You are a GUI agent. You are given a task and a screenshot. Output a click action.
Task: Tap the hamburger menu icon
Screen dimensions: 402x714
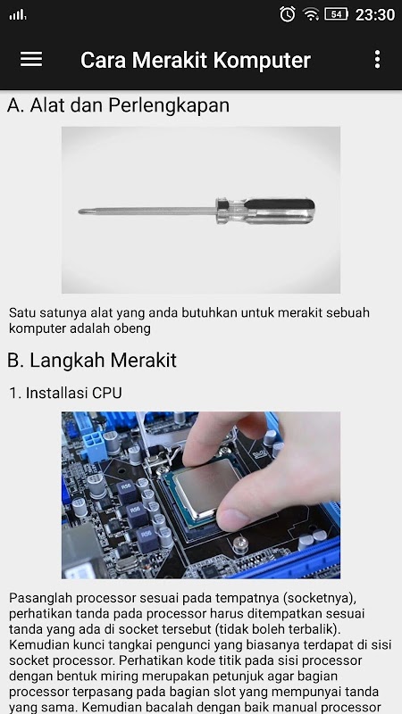point(31,60)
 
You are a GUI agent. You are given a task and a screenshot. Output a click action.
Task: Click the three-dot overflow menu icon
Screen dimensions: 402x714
point(377,60)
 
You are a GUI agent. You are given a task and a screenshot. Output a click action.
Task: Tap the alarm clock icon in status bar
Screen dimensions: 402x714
point(287,14)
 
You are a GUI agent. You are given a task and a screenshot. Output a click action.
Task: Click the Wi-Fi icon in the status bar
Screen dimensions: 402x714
point(311,14)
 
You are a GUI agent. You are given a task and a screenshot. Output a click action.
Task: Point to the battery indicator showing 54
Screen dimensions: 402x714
point(336,14)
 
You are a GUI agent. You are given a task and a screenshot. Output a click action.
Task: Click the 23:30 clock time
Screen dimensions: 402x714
point(375,14)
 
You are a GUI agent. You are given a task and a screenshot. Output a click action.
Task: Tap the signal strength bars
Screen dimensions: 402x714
point(18,15)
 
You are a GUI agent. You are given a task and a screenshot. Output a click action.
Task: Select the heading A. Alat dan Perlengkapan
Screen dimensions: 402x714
point(118,105)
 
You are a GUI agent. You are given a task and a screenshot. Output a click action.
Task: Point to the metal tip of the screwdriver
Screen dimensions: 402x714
point(81,212)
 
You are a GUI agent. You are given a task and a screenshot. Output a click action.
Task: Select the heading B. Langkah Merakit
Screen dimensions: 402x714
point(92,361)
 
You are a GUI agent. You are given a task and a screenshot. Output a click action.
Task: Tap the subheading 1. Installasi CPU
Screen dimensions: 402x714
point(65,393)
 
